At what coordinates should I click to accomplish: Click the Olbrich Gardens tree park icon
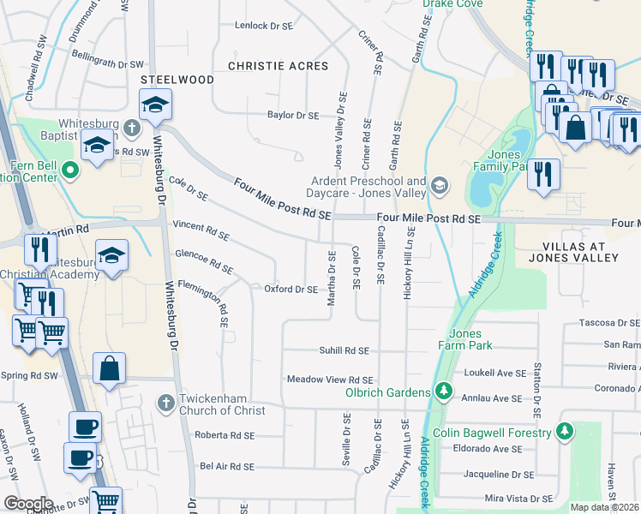pos(443,392)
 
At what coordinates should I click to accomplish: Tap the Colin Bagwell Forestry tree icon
pos(564,433)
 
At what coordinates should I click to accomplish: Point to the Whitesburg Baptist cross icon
pos(130,128)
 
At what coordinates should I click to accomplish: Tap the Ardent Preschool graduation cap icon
pos(440,185)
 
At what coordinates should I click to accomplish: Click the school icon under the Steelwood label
pos(155,106)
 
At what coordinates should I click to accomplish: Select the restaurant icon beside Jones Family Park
pos(543,175)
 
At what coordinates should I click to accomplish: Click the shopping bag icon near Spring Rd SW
pos(110,370)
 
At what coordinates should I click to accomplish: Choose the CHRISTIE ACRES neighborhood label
pos(279,66)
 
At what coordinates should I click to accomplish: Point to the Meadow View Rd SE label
pos(330,380)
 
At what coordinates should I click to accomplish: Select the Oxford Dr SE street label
pos(291,290)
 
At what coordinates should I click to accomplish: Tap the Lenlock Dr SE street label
pos(264,26)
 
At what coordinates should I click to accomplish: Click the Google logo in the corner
pos(29,504)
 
